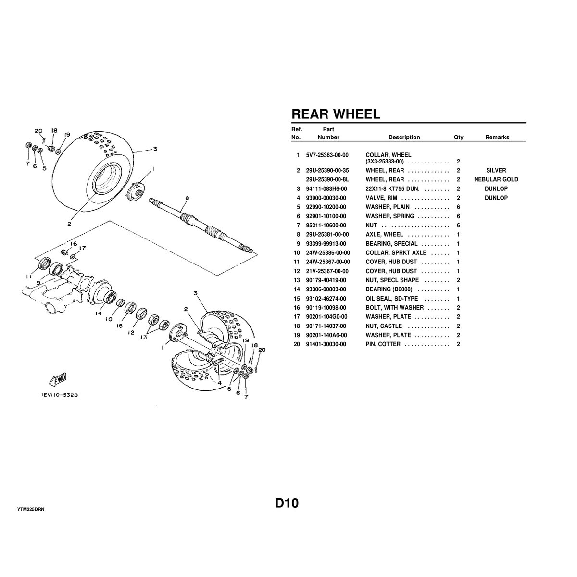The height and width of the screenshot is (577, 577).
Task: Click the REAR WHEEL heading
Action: (336, 114)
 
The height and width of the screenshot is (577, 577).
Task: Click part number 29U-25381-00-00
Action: (327, 235)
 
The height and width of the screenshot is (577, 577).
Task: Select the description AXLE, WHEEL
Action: (384, 235)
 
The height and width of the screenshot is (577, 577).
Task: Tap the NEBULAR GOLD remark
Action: (496, 180)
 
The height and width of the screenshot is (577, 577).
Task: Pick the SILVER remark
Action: (496, 171)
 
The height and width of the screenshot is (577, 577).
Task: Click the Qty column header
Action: (458, 138)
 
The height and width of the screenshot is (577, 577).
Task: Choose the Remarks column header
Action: (497, 138)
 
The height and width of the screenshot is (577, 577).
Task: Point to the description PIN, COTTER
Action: (383, 344)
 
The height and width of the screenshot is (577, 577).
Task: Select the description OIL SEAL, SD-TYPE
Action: (391, 299)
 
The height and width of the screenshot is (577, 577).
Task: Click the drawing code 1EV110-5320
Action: (59, 395)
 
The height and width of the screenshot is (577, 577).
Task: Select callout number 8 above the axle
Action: (187, 198)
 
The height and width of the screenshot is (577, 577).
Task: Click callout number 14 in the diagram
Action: (99, 313)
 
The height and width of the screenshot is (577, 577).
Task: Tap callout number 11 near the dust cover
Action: (29, 276)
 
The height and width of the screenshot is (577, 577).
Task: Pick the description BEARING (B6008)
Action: (389, 289)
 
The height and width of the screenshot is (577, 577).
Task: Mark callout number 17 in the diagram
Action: (82, 249)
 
